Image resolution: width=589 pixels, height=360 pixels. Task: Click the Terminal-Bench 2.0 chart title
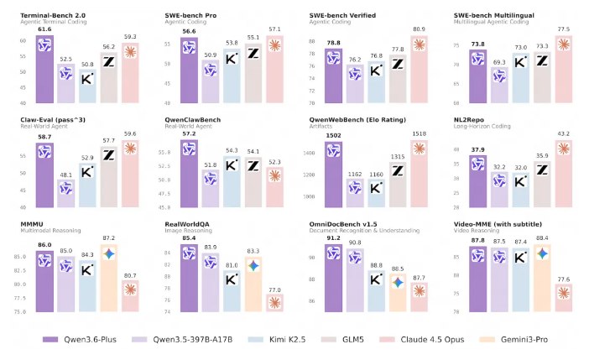55,15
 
